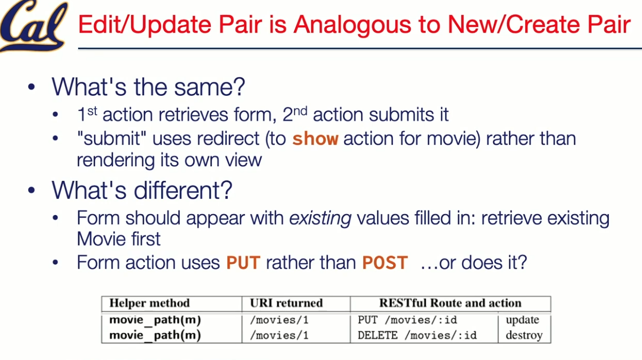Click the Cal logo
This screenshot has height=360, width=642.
click(34, 26)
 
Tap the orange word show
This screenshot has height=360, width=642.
click(315, 139)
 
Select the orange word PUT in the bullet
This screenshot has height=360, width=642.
click(243, 262)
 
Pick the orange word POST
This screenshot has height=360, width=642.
click(385, 262)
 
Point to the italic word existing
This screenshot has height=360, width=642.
click(320, 219)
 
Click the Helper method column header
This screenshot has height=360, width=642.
click(150, 303)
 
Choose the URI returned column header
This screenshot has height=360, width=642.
click(286, 303)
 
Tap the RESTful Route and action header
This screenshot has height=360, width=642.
click(450, 303)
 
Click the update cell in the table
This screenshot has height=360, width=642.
click(522, 320)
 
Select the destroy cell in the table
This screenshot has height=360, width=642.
click(524, 335)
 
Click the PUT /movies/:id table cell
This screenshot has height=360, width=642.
click(407, 320)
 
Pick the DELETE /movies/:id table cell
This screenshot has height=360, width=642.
click(417, 335)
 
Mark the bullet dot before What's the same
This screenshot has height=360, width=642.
click(32, 87)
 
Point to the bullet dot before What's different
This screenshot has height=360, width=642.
click(32, 190)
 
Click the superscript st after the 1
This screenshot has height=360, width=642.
click(92, 111)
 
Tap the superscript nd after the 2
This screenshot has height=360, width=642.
click(300, 111)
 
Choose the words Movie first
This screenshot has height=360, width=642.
click(119, 239)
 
